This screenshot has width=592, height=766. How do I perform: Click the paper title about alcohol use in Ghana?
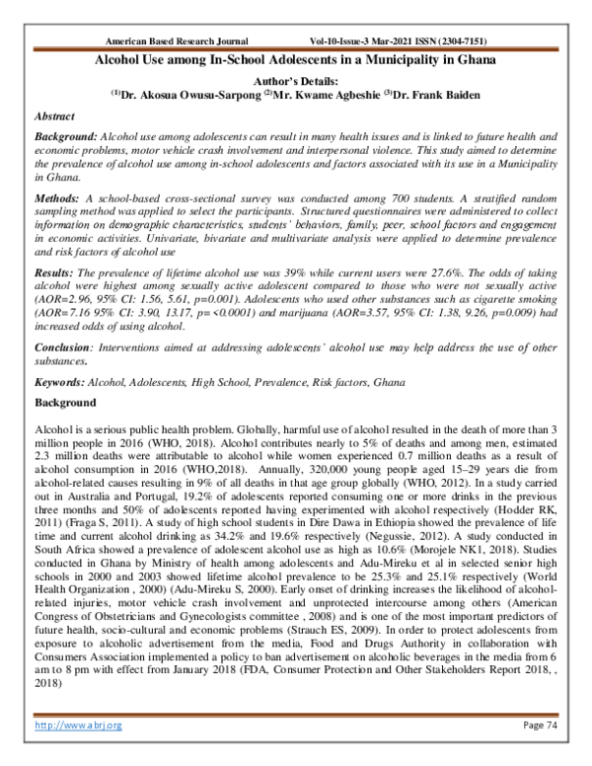point(296,60)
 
